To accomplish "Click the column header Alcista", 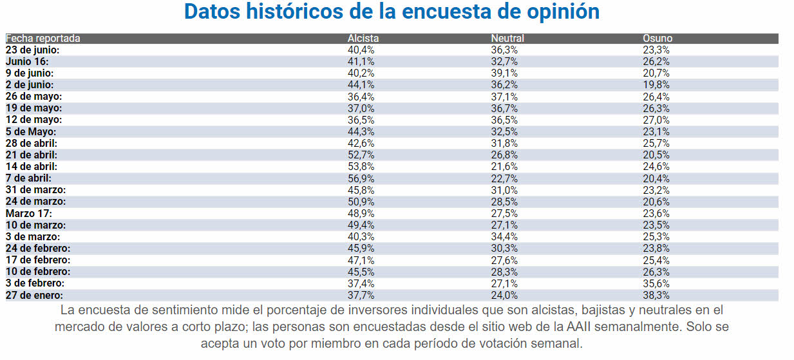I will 363,39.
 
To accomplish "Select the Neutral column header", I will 507,39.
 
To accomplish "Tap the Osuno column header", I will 657,39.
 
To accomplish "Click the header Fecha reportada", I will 43,39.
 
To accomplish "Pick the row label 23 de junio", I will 33,50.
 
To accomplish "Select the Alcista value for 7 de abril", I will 361,178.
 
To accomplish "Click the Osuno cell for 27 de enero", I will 656,295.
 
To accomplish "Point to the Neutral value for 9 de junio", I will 504,73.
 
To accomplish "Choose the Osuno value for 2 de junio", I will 656,85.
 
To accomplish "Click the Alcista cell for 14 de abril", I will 361,167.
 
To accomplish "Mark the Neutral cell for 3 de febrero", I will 504,283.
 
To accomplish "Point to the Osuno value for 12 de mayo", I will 656,120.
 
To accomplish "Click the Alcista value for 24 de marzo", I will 361,202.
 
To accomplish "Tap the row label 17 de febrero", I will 38,260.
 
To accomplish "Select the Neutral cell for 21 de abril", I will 504,155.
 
